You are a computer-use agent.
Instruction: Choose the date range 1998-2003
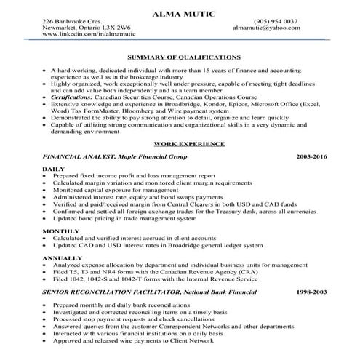pyautogui.click(x=313, y=292)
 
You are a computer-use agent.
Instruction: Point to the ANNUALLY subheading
pyautogui.click(x=62, y=258)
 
